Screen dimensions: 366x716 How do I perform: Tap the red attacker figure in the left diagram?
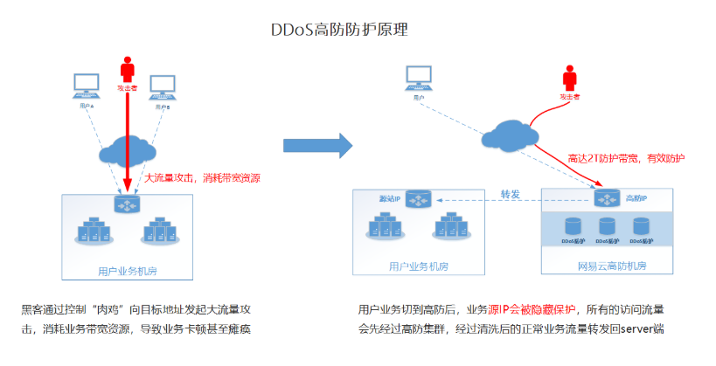[128, 69]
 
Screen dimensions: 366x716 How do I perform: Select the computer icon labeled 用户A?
[86, 86]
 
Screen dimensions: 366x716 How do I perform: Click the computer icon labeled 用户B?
[163, 86]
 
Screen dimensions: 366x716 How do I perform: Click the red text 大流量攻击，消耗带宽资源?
[202, 177]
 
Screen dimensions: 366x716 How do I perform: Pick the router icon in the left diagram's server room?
[127, 204]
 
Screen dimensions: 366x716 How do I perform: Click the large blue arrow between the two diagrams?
[318, 145]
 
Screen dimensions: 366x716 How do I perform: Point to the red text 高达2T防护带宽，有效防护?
[627, 158]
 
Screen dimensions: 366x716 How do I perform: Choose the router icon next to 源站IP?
[419, 201]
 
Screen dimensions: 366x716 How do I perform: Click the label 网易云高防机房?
[606, 266]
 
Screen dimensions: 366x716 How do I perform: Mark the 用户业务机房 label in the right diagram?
[418, 266]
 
